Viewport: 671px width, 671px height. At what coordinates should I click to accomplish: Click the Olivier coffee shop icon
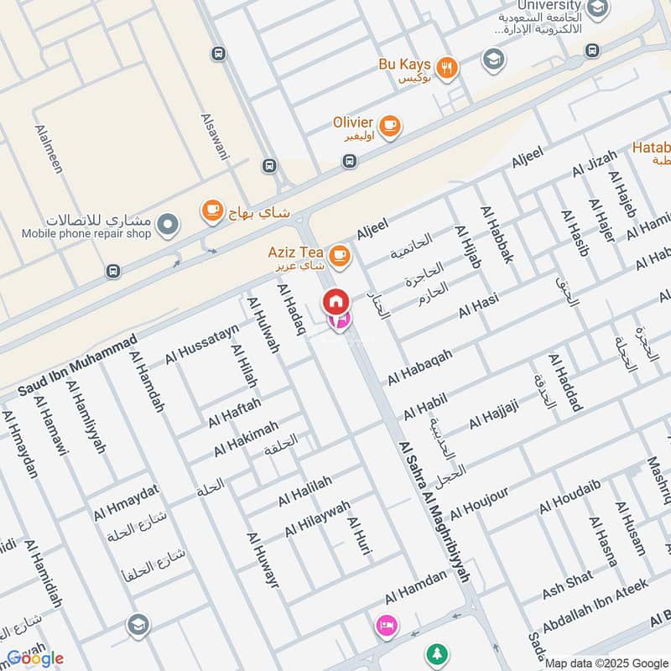click(389, 126)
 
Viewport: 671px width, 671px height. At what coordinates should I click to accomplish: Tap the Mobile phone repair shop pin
click(168, 223)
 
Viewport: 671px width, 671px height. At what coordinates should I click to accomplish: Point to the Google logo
click(35, 658)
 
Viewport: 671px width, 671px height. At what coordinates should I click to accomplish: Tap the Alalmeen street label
click(49, 149)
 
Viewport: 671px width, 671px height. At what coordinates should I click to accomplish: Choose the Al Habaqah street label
click(419, 367)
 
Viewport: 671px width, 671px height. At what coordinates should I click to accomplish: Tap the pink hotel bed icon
click(386, 625)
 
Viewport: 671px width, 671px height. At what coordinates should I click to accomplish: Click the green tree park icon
click(435, 652)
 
